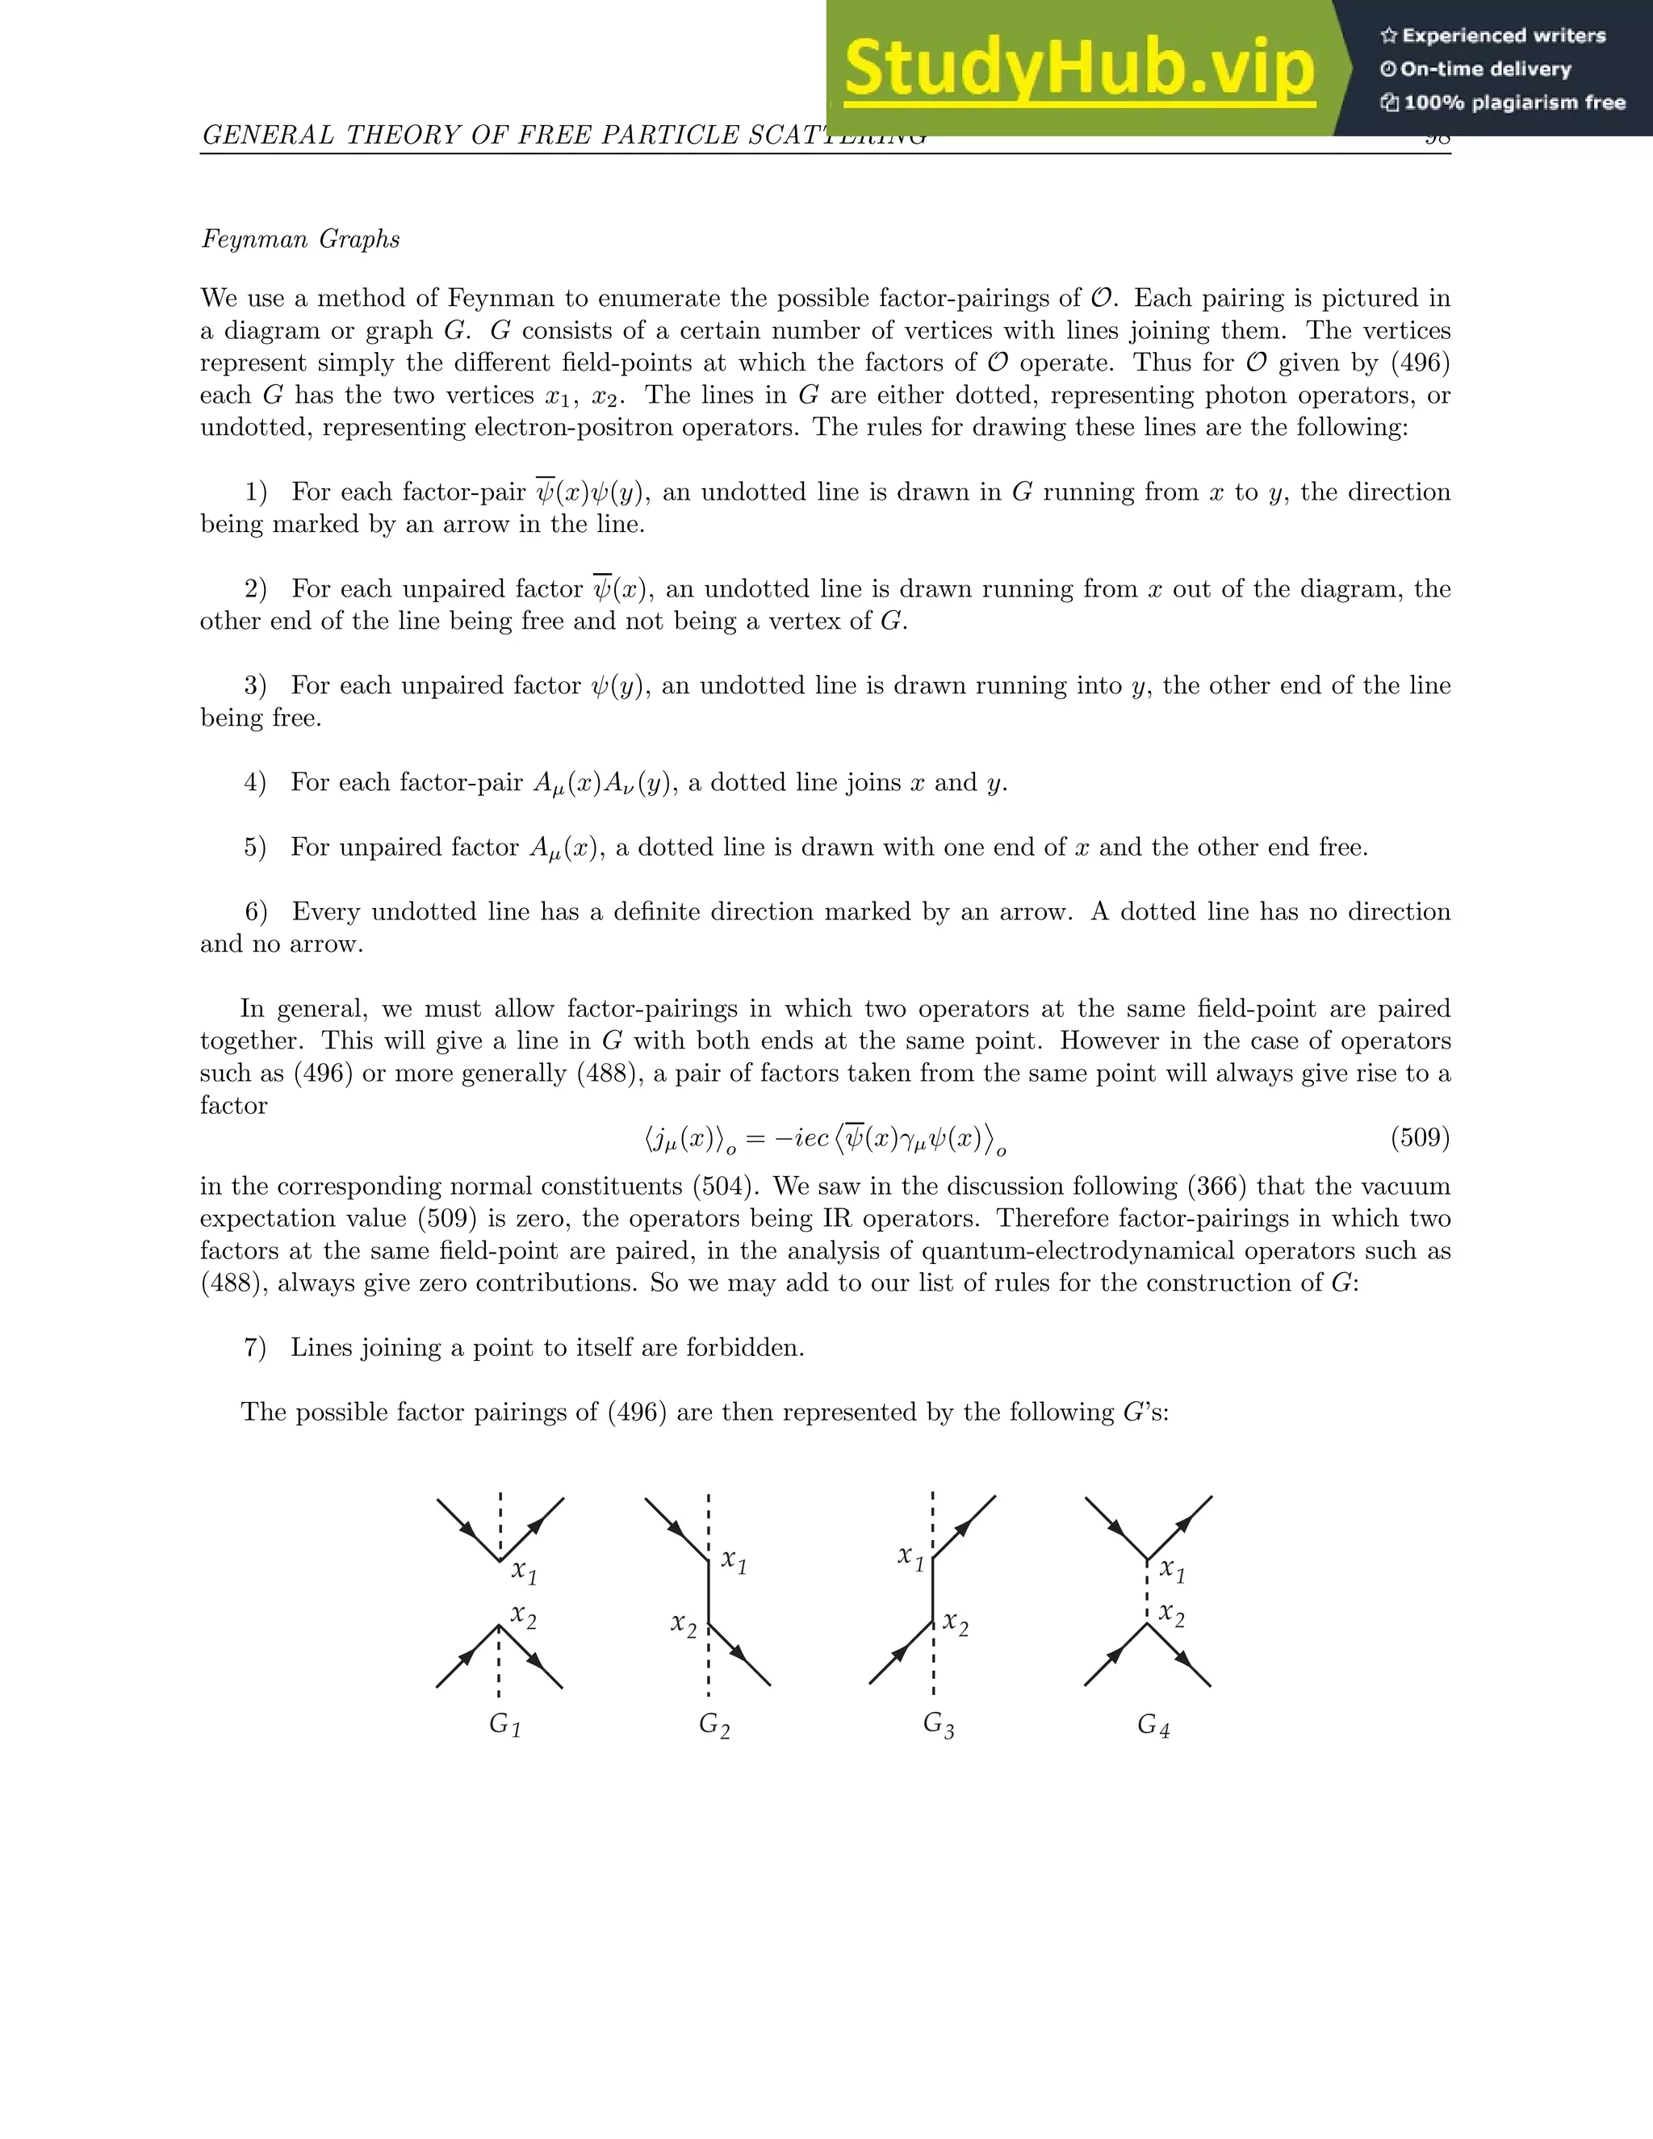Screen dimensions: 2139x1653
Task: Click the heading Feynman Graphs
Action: tap(300, 239)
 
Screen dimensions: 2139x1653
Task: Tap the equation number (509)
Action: tap(1420, 1137)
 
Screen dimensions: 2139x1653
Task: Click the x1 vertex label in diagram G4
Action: tap(1171, 1571)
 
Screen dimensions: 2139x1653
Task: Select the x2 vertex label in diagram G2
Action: tap(684, 1625)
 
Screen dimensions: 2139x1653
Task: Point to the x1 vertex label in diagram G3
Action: tap(910, 1556)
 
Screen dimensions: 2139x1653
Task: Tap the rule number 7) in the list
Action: tap(254, 1348)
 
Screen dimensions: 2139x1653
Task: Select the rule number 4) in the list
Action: tap(254, 782)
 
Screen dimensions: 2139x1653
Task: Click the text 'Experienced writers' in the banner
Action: tap(1503, 36)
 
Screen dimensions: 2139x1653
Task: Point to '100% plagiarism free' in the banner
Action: tap(1514, 103)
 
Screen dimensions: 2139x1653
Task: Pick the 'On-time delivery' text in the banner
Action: tap(1486, 69)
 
